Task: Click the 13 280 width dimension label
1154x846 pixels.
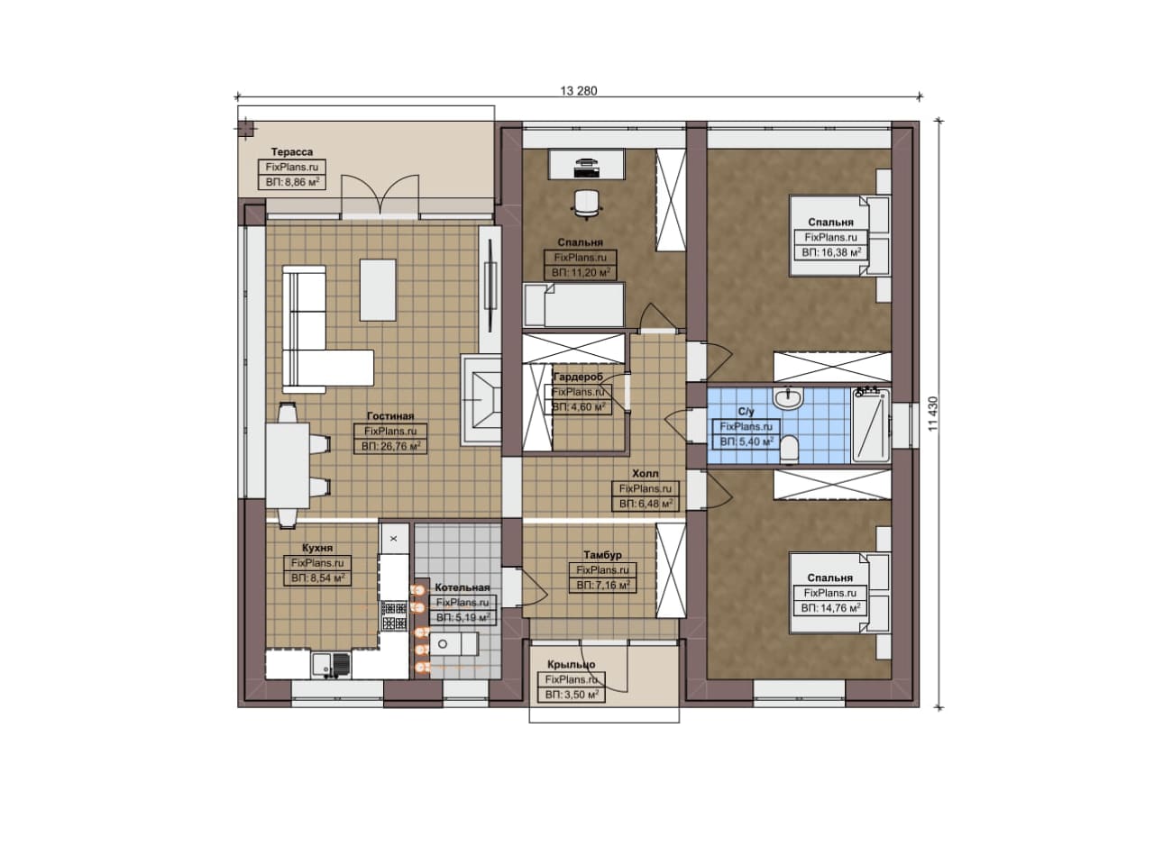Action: click(579, 91)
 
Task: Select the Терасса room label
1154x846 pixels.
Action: click(292, 152)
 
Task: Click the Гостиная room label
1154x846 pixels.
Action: click(390, 415)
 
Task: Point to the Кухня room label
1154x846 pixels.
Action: click(317, 548)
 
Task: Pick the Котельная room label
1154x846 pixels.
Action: click(463, 587)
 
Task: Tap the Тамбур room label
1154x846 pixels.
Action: click(603, 555)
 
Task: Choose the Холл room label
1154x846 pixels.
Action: click(646, 473)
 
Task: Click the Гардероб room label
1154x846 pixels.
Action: click(578, 377)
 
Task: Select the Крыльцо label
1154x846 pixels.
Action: click(572, 664)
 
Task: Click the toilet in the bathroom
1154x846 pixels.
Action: click(789, 449)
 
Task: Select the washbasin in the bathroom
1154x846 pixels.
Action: click(788, 398)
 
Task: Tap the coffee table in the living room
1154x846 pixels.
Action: click(378, 290)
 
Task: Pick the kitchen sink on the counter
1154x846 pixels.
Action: click(331, 664)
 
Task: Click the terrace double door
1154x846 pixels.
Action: click(380, 194)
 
